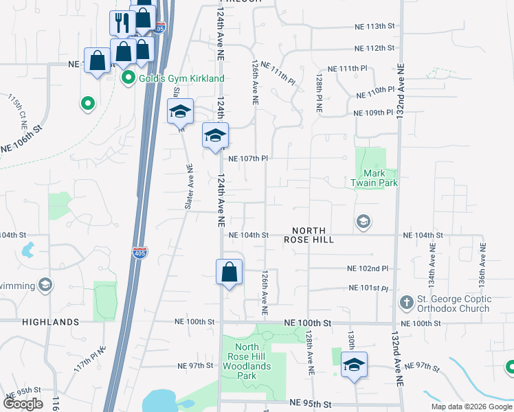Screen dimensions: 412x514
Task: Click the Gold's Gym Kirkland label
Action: tap(181, 79)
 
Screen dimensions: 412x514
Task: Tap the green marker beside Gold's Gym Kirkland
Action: tap(128, 79)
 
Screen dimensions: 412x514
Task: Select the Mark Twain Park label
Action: tap(375, 178)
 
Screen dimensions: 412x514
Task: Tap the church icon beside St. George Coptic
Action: tap(405, 301)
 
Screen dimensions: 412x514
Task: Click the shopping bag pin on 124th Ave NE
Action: tap(230, 272)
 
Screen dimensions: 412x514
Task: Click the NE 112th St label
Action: tap(375, 48)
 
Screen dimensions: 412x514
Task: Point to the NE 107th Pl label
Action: tap(247, 159)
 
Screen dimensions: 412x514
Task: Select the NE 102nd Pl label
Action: tap(368, 268)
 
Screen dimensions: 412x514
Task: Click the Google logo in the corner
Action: tap(23, 404)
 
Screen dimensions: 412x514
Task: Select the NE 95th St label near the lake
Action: tap(311, 402)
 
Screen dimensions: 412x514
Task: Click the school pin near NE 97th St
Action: tap(355, 365)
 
